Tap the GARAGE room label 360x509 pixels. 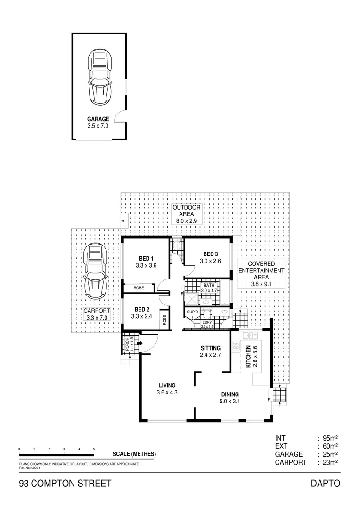click(98, 119)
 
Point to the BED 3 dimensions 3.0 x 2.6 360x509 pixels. click(210, 261)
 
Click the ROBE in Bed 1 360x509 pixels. click(139, 287)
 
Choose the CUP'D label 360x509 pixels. click(192, 312)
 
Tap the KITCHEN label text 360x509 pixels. click(248, 357)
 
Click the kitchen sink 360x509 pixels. click(248, 336)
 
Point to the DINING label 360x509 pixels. click(229, 394)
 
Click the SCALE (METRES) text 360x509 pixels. click(134, 454)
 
